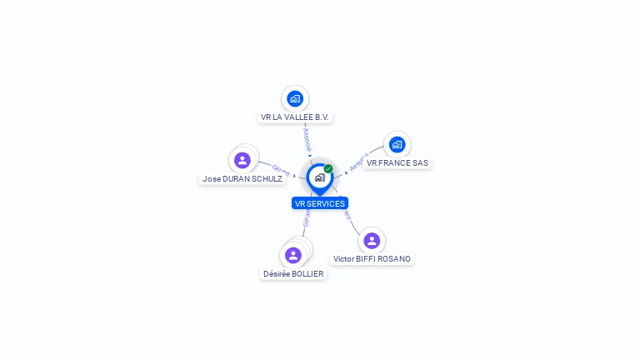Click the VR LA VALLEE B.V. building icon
[294, 98]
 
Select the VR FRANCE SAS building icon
[397, 144]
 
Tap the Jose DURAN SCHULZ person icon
[242, 160]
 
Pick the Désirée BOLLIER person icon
[292, 255]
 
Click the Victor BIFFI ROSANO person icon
[372, 240]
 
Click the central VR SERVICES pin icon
[319, 177]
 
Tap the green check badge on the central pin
[328, 168]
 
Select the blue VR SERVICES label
[320, 203]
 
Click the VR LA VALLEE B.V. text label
[295, 117]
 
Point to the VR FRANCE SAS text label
[397, 163]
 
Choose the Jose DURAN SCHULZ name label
[242, 178]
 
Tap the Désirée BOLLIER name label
[293, 273]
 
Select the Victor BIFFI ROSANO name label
[372, 259]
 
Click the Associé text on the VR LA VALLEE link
[307, 137]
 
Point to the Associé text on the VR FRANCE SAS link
[358, 162]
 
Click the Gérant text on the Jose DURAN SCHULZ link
[281, 170]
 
